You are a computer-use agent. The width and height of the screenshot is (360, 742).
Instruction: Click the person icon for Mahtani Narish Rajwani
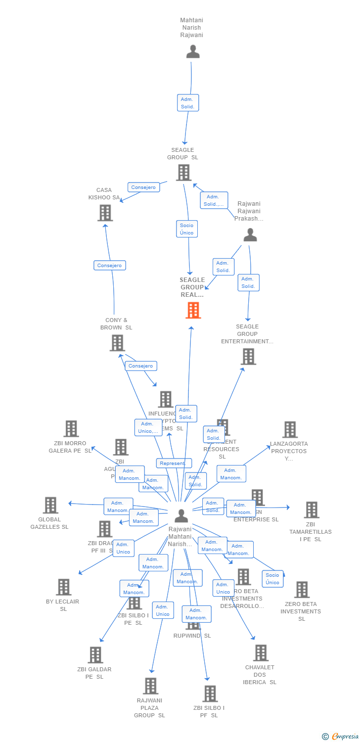[x=193, y=51]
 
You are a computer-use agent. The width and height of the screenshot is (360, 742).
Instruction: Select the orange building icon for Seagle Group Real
[x=193, y=310]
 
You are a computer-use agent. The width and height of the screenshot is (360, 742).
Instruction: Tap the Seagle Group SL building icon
[x=183, y=173]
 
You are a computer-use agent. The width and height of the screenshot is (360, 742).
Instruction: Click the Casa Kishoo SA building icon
[x=105, y=213]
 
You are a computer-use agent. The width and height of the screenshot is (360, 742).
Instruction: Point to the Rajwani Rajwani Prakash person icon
[x=250, y=235]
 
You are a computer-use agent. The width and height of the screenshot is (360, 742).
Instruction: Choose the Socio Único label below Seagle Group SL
[x=187, y=229]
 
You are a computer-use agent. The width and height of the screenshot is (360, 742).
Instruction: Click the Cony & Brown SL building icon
[x=117, y=343]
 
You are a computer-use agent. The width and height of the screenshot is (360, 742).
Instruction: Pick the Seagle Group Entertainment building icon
[x=248, y=356]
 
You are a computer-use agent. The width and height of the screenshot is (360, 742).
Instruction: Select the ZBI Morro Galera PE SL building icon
[x=71, y=429]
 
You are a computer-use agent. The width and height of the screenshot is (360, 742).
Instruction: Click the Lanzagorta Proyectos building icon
[x=290, y=429]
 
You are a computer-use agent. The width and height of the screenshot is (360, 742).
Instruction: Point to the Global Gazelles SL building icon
[x=50, y=505]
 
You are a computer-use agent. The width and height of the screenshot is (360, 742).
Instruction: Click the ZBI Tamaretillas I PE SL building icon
[x=311, y=510]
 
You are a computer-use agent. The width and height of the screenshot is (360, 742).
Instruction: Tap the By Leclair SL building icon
[x=63, y=587]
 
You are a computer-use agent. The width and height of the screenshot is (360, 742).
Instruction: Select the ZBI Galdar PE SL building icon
[x=95, y=655]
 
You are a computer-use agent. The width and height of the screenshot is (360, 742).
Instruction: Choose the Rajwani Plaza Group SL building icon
[x=151, y=686]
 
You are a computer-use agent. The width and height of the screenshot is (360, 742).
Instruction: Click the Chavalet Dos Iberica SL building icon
[x=261, y=653]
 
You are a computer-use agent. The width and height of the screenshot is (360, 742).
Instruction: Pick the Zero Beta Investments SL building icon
[x=302, y=590]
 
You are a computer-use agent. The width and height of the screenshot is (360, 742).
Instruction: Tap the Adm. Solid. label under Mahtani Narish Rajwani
[x=188, y=103]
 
